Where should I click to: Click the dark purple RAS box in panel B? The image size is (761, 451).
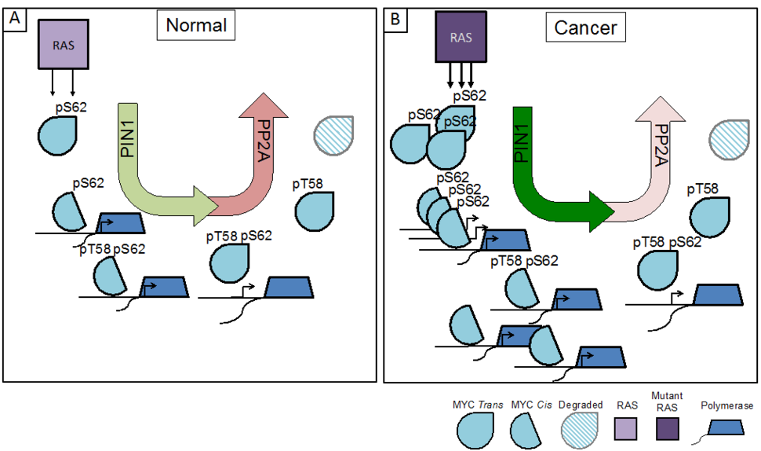click(x=461, y=36)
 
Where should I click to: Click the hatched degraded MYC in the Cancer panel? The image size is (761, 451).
click(x=731, y=137)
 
